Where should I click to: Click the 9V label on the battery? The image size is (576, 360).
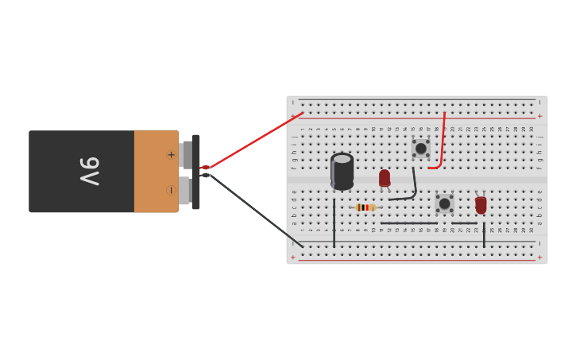pyautogui.click(x=89, y=171)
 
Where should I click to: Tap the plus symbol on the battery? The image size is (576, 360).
pyautogui.click(x=171, y=154)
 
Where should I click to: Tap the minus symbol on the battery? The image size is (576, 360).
pyautogui.click(x=171, y=190)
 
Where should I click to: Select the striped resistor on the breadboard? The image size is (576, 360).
pyautogui.click(x=365, y=207)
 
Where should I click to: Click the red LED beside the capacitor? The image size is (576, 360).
pyautogui.click(x=385, y=177)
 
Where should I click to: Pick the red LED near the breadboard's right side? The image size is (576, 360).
pyautogui.click(x=481, y=204)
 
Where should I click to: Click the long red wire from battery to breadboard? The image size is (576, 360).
pyautogui.click(x=254, y=141)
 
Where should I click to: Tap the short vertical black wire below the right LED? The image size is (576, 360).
pyautogui.click(x=484, y=235)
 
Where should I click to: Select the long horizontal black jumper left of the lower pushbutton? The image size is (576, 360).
pyautogui.click(x=408, y=223)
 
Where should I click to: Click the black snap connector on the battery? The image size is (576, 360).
pyautogui.click(x=195, y=172)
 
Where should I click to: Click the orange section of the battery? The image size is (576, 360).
pyautogui.click(x=151, y=172)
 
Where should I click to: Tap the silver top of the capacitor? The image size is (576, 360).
pyautogui.click(x=342, y=159)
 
